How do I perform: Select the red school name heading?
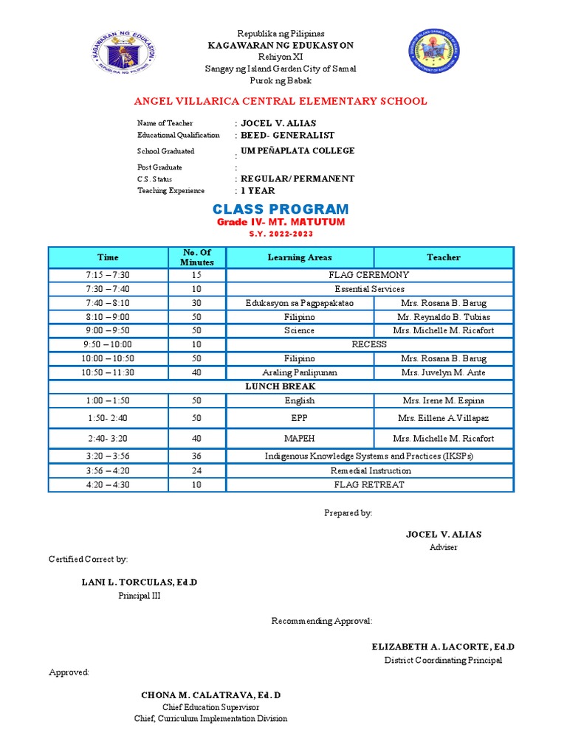(x=280, y=101)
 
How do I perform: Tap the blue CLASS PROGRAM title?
(x=281, y=209)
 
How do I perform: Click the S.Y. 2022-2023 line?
(x=281, y=234)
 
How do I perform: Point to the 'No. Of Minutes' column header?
(x=196, y=257)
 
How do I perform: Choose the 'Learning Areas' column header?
(x=299, y=257)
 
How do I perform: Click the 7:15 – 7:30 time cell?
(x=108, y=275)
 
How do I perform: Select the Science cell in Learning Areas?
(x=299, y=330)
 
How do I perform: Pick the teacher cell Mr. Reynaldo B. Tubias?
(x=443, y=317)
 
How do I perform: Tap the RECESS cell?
(x=369, y=344)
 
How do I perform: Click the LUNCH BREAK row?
(x=281, y=386)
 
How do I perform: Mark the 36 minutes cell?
(x=196, y=456)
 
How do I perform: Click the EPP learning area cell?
(x=299, y=418)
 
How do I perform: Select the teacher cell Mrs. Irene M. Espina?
(x=443, y=400)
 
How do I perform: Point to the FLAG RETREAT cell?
(x=369, y=484)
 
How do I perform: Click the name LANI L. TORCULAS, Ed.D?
(x=139, y=582)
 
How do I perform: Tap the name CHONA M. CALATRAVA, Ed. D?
(x=210, y=695)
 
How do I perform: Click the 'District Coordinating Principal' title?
(x=443, y=660)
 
